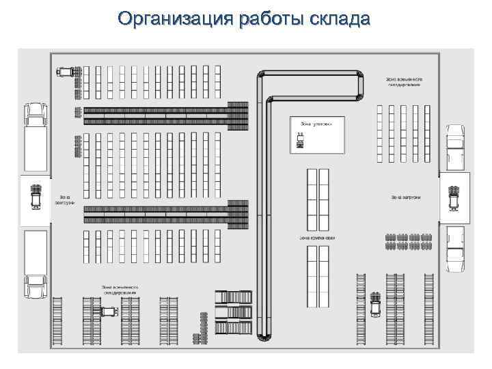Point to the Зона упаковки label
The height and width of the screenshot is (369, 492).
(316, 124)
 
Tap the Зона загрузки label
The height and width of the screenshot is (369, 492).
(405, 198)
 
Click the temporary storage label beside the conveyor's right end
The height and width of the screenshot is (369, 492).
(405, 82)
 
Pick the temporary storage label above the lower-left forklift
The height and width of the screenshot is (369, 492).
(120, 290)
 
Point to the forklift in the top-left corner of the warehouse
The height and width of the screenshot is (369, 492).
(66, 70)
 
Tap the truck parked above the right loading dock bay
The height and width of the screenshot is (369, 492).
(454, 146)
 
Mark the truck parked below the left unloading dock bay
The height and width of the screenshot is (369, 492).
(36, 264)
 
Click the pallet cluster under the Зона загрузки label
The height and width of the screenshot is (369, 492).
(408, 241)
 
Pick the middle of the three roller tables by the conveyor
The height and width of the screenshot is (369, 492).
(233, 313)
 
